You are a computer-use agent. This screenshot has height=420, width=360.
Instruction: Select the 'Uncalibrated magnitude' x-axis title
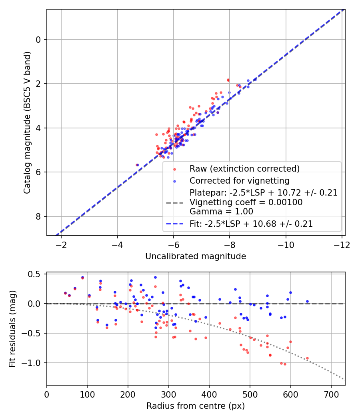point(196,256)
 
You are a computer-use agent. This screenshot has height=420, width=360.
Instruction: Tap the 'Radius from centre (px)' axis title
point(196,406)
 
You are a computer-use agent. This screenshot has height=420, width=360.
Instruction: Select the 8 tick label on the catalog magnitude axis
point(39,216)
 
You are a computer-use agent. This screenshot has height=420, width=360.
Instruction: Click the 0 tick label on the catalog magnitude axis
point(39,40)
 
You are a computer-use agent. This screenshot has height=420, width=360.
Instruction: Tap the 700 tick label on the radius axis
point(331,394)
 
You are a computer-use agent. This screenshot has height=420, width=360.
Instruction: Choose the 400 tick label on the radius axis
point(209,394)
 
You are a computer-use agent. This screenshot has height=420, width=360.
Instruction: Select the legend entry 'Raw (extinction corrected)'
point(244,168)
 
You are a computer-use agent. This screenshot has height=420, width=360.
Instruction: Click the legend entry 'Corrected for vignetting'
point(239,180)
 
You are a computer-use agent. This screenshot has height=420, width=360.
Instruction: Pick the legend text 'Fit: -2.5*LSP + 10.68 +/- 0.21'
point(251,224)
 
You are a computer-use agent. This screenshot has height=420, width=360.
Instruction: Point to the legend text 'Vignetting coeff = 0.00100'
point(246,202)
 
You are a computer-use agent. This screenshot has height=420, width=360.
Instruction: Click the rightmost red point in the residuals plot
point(307,358)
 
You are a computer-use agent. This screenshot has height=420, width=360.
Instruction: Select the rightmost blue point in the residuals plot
point(307,301)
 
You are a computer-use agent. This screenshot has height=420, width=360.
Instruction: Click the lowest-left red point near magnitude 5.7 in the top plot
point(137,165)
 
